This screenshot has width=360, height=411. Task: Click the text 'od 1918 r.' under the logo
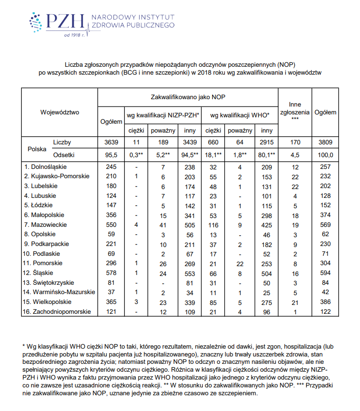pos(71,35)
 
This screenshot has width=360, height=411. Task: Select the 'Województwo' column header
pos(59,112)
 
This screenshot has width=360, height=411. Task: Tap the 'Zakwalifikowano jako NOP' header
pos(188,97)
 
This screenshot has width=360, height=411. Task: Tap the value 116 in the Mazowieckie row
pos(213,224)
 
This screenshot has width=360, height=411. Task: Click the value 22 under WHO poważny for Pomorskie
pos(240,263)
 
